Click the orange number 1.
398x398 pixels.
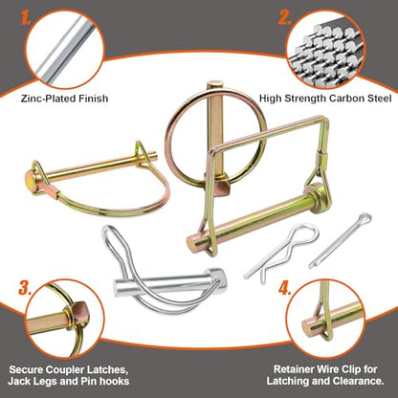pos(25,18)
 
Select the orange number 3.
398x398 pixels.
pos(25,288)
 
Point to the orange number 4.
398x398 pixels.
pos(285,289)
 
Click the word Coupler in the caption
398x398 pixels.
pos(65,370)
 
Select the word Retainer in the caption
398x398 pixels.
pos(294,369)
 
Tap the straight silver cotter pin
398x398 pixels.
pos(340,240)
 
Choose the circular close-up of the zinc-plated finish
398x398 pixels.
pos(65,51)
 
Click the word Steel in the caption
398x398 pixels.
pos(381,99)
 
